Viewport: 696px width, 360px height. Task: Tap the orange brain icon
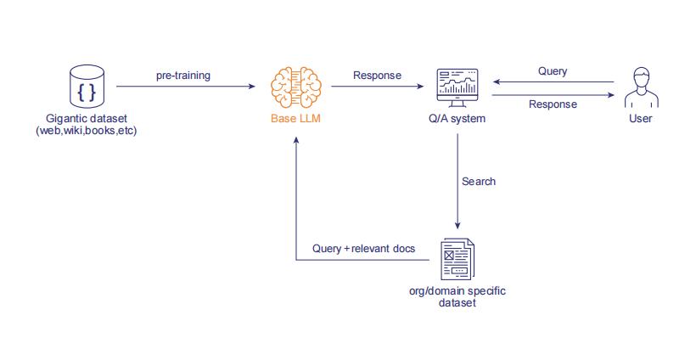pos(295,86)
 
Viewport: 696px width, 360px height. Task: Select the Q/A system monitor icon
pos(457,86)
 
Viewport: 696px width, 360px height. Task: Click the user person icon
pos(640,86)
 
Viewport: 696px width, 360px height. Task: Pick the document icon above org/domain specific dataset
pos(457,259)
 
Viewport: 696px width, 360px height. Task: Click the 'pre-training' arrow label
pos(182,76)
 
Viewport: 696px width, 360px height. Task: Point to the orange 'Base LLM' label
pos(295,119)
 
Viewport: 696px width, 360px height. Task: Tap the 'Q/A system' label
pos(457,119)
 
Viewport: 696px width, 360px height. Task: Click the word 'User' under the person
pos(640,119)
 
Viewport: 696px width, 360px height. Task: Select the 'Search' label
pos(479,181)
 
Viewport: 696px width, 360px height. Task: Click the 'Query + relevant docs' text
pos(363,248)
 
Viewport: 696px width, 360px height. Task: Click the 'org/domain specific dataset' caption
pos(457,297)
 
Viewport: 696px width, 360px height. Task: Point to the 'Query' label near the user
pos(553,71)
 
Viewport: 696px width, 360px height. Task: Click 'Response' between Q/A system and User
pos(553,104)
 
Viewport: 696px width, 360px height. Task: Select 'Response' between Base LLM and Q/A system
pos(378,76)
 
